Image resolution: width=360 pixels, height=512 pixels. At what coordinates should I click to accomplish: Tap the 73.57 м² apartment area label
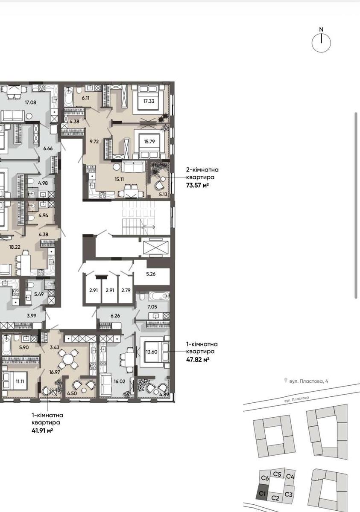(197, 185)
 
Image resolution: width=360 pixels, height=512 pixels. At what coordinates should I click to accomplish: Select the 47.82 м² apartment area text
(198, 360)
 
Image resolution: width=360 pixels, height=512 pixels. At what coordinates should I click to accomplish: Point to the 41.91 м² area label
(42, 431)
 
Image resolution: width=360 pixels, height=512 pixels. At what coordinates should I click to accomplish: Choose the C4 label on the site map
(290, 476)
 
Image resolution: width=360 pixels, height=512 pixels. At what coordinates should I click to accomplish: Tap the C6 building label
(265, 478)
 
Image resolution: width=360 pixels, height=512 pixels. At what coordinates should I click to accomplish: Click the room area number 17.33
(149, 101)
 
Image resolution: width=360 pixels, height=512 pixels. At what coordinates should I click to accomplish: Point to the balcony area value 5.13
(163, 195)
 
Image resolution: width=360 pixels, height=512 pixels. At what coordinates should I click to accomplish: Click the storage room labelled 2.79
(126, 290)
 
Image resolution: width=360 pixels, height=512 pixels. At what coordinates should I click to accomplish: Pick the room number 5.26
(151, 274)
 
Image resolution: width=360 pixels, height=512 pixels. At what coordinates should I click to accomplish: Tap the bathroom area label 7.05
(152, 307)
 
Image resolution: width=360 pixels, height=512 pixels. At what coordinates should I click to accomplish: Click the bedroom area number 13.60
(152, 352)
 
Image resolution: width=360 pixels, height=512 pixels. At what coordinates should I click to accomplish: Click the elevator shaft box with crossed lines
(155, 248)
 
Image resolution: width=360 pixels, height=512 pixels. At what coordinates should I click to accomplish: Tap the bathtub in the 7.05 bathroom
(159, 296)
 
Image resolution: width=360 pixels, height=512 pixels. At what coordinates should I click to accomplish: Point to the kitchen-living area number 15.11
(119, 179)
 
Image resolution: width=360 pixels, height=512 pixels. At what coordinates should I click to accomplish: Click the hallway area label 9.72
(94, 142)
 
